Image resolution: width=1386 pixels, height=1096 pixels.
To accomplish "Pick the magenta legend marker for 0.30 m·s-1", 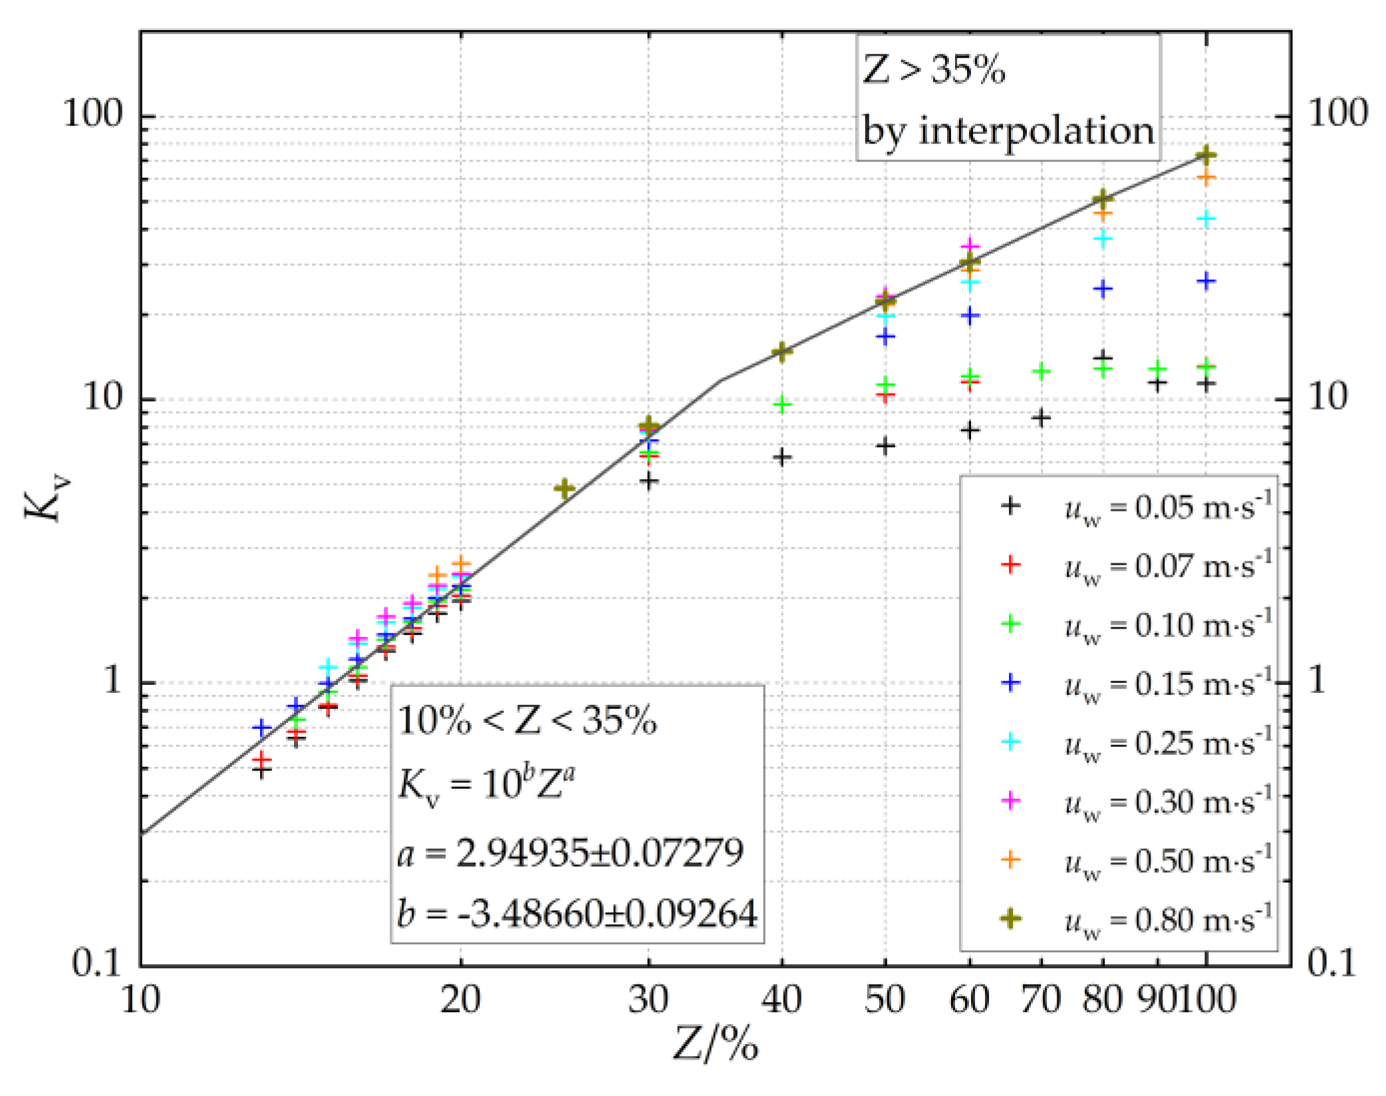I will point(1010,801).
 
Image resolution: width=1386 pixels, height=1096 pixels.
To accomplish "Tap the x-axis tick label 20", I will point(460,1000).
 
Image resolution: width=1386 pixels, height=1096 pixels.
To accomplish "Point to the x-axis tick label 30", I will point(648,1000).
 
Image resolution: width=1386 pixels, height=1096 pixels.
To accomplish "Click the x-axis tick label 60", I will point(969,1000).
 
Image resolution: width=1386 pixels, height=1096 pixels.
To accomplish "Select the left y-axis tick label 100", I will point(93,114).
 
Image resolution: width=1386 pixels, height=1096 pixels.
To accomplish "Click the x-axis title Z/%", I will point(715,1043).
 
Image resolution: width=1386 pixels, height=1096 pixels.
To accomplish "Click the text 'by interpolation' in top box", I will point(1008,131).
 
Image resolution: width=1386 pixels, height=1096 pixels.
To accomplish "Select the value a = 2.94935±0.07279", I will point(570,853).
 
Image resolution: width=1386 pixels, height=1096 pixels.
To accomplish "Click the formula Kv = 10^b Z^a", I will point(486,784).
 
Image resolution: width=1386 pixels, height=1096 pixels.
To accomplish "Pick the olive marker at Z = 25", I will point(564,489).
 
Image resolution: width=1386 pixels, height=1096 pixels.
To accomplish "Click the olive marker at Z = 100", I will point(1206,156).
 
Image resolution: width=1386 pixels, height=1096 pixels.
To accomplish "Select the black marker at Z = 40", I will point(782,458).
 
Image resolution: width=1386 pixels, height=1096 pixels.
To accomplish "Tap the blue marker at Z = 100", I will point(1206,281).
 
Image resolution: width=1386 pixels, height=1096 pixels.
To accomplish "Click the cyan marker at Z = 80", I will point(1103,239).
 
